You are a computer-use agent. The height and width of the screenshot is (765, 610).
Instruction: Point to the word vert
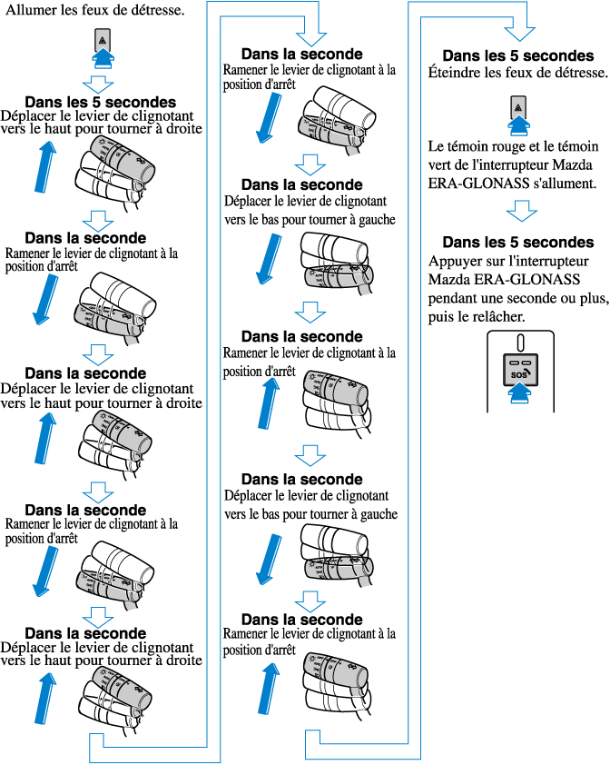441,164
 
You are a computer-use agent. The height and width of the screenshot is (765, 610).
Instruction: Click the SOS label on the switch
517,373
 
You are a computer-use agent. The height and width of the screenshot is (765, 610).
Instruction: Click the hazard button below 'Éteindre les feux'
517,107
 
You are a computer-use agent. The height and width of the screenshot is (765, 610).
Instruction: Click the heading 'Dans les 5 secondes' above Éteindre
517,55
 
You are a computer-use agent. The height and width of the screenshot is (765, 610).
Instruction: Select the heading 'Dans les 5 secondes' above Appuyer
517,243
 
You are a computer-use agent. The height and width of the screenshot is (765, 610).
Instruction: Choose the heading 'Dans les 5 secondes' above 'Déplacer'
100,103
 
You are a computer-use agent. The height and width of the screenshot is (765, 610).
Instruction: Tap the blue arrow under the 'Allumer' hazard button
103,59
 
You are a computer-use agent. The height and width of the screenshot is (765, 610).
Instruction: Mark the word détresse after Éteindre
575,72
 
